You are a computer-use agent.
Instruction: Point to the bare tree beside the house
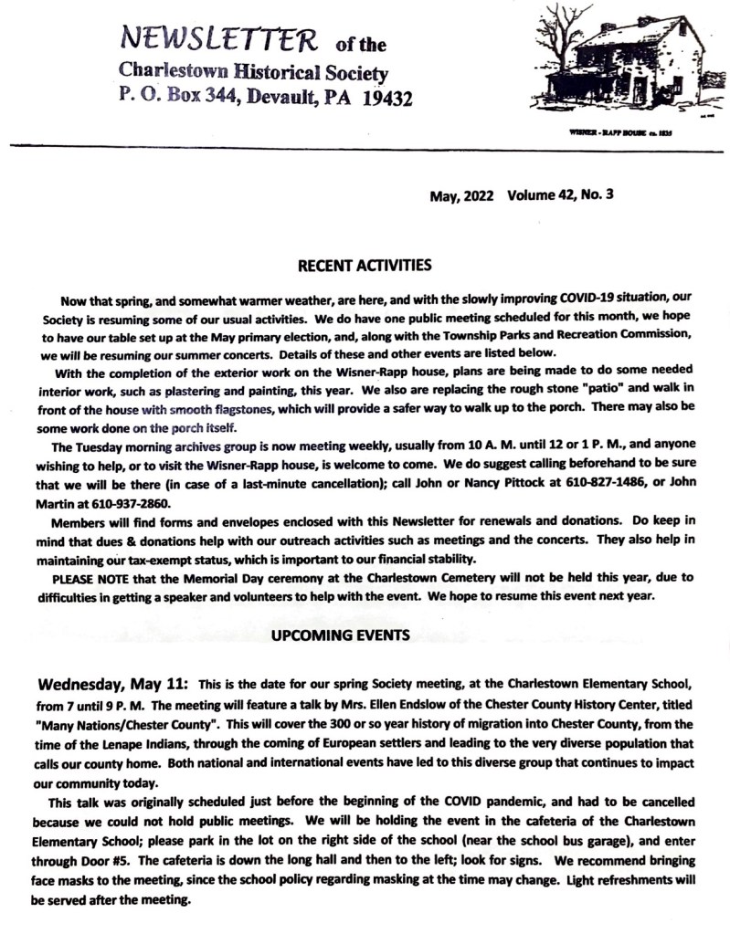pos(556,46)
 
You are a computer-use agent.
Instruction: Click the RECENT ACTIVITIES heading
pos(365,266)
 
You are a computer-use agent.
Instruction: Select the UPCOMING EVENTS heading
pos(365,634)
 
